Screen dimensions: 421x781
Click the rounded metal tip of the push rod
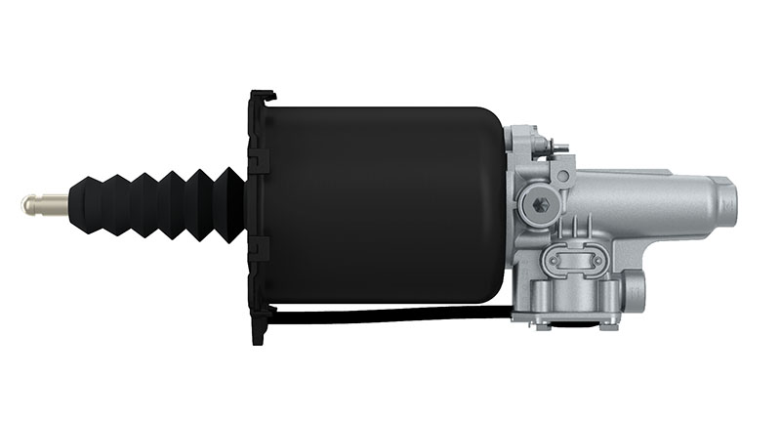(28, 205)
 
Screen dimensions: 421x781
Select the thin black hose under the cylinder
(390, 314)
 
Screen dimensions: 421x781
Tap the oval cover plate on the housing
(576, 260)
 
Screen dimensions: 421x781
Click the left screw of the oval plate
(555, 260)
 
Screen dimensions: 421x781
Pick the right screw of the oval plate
(597, 260)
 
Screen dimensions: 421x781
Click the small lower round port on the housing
(636, 289)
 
